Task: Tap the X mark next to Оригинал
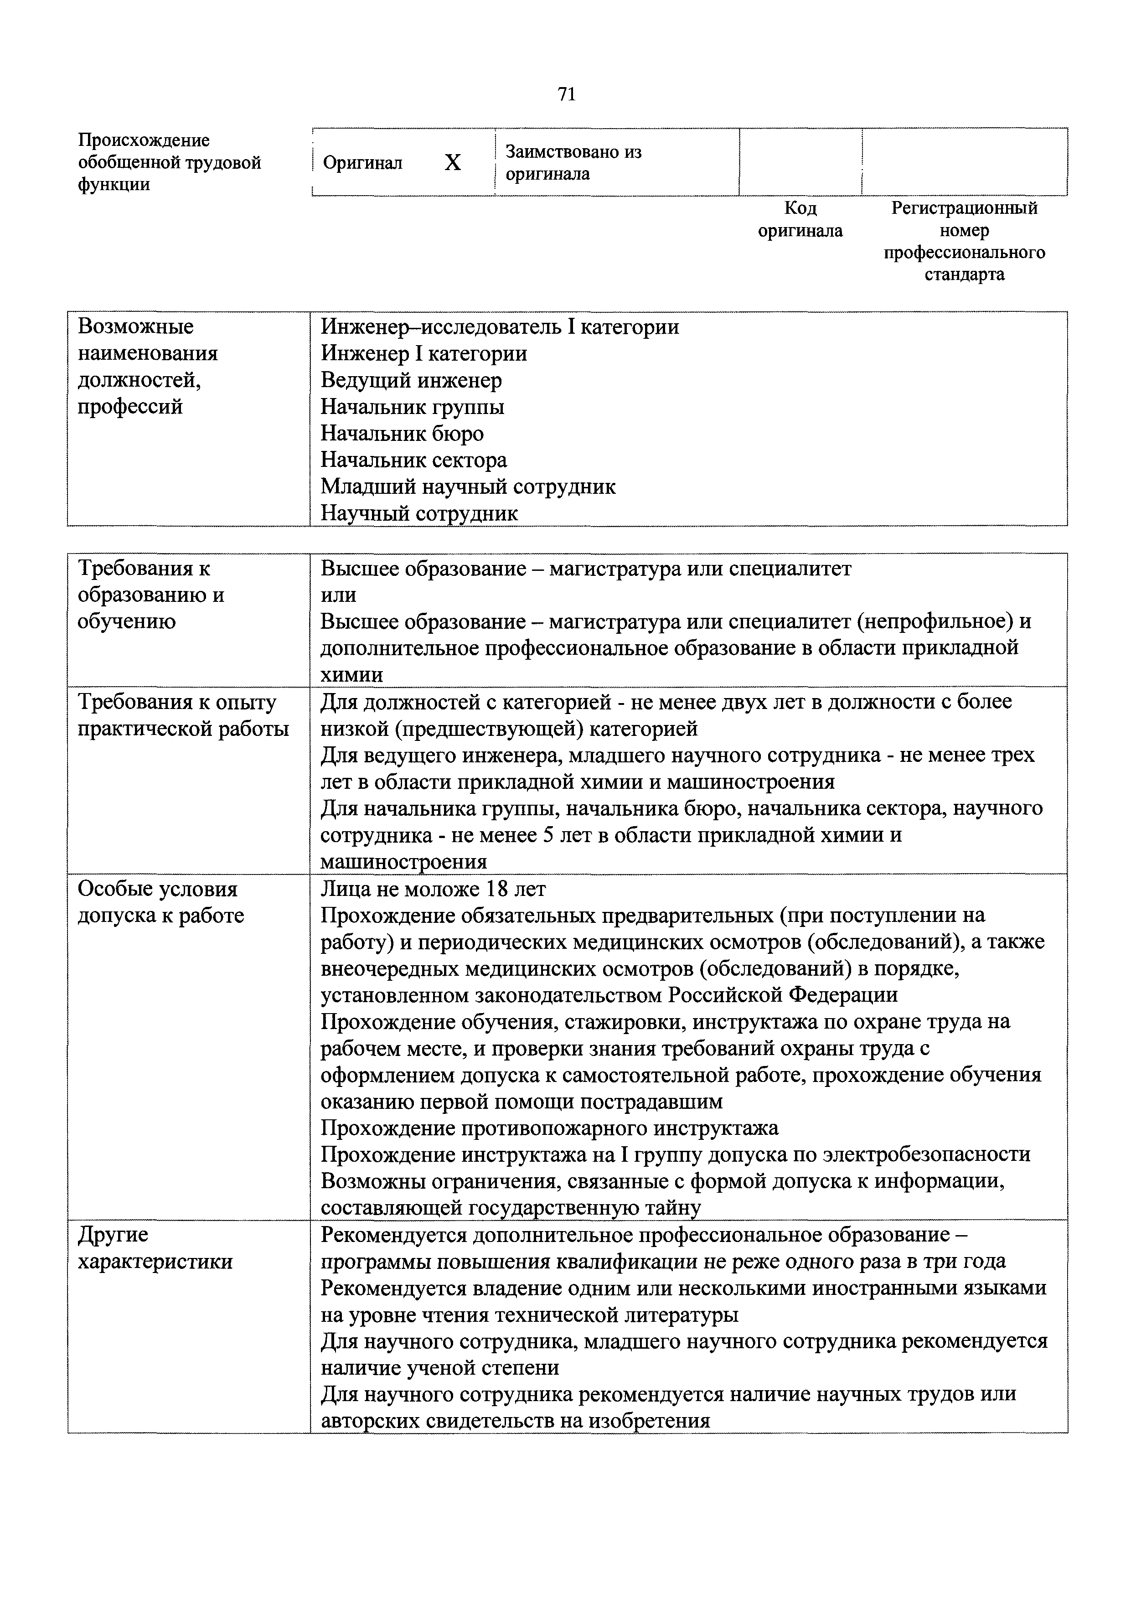[453, 163]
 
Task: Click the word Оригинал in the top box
[363, 164]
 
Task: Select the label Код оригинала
[800, 219]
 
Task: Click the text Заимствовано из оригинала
[573, 162]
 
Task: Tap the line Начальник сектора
[413, 461]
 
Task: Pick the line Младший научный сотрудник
[468, 487]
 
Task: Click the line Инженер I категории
[423, 354]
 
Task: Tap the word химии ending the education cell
[351, 675]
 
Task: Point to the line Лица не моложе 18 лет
[433, 890]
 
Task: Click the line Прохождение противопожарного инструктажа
[549, 1128]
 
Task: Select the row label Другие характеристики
[155, 1248]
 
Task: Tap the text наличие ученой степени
[440, 1368]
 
